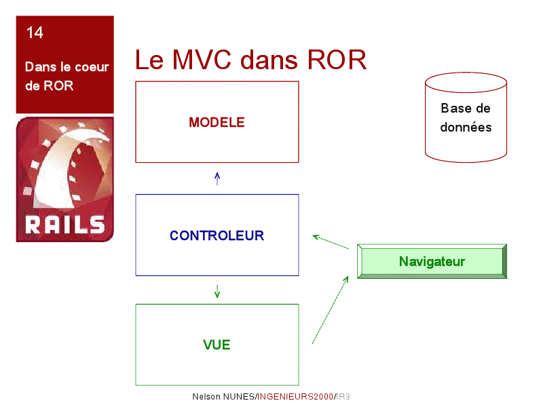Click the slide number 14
coord(35,33)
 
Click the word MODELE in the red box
coord(217,123)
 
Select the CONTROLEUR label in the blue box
coord(217,235)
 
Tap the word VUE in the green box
coord(217,345)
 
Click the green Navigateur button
coord(432,261)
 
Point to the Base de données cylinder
coord(466,117)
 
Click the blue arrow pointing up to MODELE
coord(217,178)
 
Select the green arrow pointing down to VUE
coord(217,292)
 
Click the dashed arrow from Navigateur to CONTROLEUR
coord(331,242)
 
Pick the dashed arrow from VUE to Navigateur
coord(331,310)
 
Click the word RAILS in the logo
coord(64,225)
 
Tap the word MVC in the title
coord(202,60)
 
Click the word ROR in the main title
coord(337,60)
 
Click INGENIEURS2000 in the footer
coord(295,397)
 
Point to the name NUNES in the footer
coord(238,397)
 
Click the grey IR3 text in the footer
coord(343,397)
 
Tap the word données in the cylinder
coord(466,128)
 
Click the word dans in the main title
coord(269,60)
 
